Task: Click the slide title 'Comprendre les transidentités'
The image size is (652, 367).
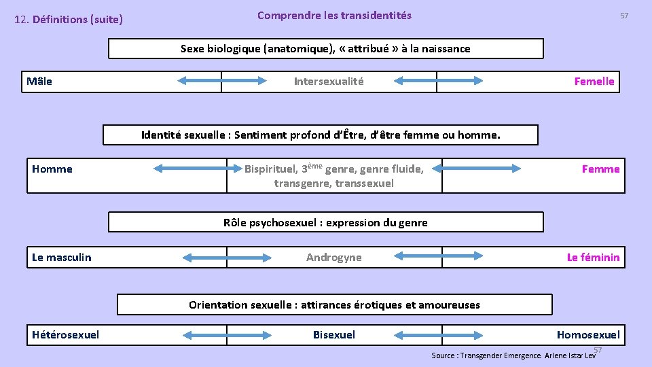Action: (x=334, y=15)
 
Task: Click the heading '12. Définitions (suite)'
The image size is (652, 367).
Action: (x=69, y=20)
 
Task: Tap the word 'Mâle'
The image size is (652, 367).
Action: (x=39, y=82)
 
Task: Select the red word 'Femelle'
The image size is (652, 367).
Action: (x=594, y=82)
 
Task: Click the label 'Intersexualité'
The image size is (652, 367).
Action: (x=329, y=82)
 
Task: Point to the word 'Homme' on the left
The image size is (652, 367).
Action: (x=52, y=169)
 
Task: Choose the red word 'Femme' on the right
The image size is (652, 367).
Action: (x=600, y=169)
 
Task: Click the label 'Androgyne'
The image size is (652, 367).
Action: (x=334, y=257)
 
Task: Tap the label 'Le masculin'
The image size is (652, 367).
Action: (x=62, y=257)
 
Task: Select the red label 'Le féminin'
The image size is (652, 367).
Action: (x=593, y=257)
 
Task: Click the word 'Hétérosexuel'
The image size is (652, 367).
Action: (x=66, y=334)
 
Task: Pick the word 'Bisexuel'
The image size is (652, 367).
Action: (x=334, y=334)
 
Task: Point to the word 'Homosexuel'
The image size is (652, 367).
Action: (x=588, y=334)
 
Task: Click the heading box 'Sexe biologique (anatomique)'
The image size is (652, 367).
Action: (x=325, y=49)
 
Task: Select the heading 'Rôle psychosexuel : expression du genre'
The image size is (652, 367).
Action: (x=325, y=222)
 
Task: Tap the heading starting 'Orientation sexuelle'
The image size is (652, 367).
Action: (x=334, y=304)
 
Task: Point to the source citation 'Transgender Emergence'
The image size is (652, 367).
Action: (x=501, y=355)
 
